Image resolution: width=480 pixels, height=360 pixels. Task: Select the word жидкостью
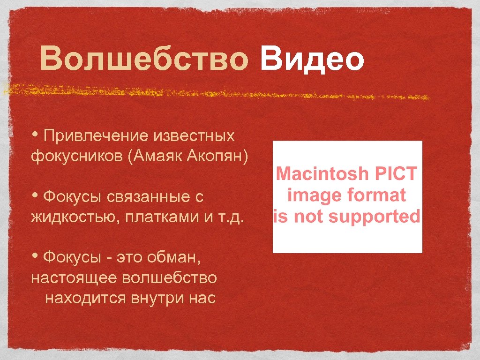(x=75, y=217)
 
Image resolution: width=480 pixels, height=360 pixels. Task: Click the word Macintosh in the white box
(x=322, y=174)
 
